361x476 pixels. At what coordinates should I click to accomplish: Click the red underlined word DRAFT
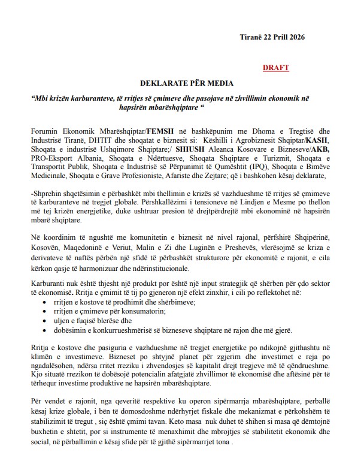coord(275,68)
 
